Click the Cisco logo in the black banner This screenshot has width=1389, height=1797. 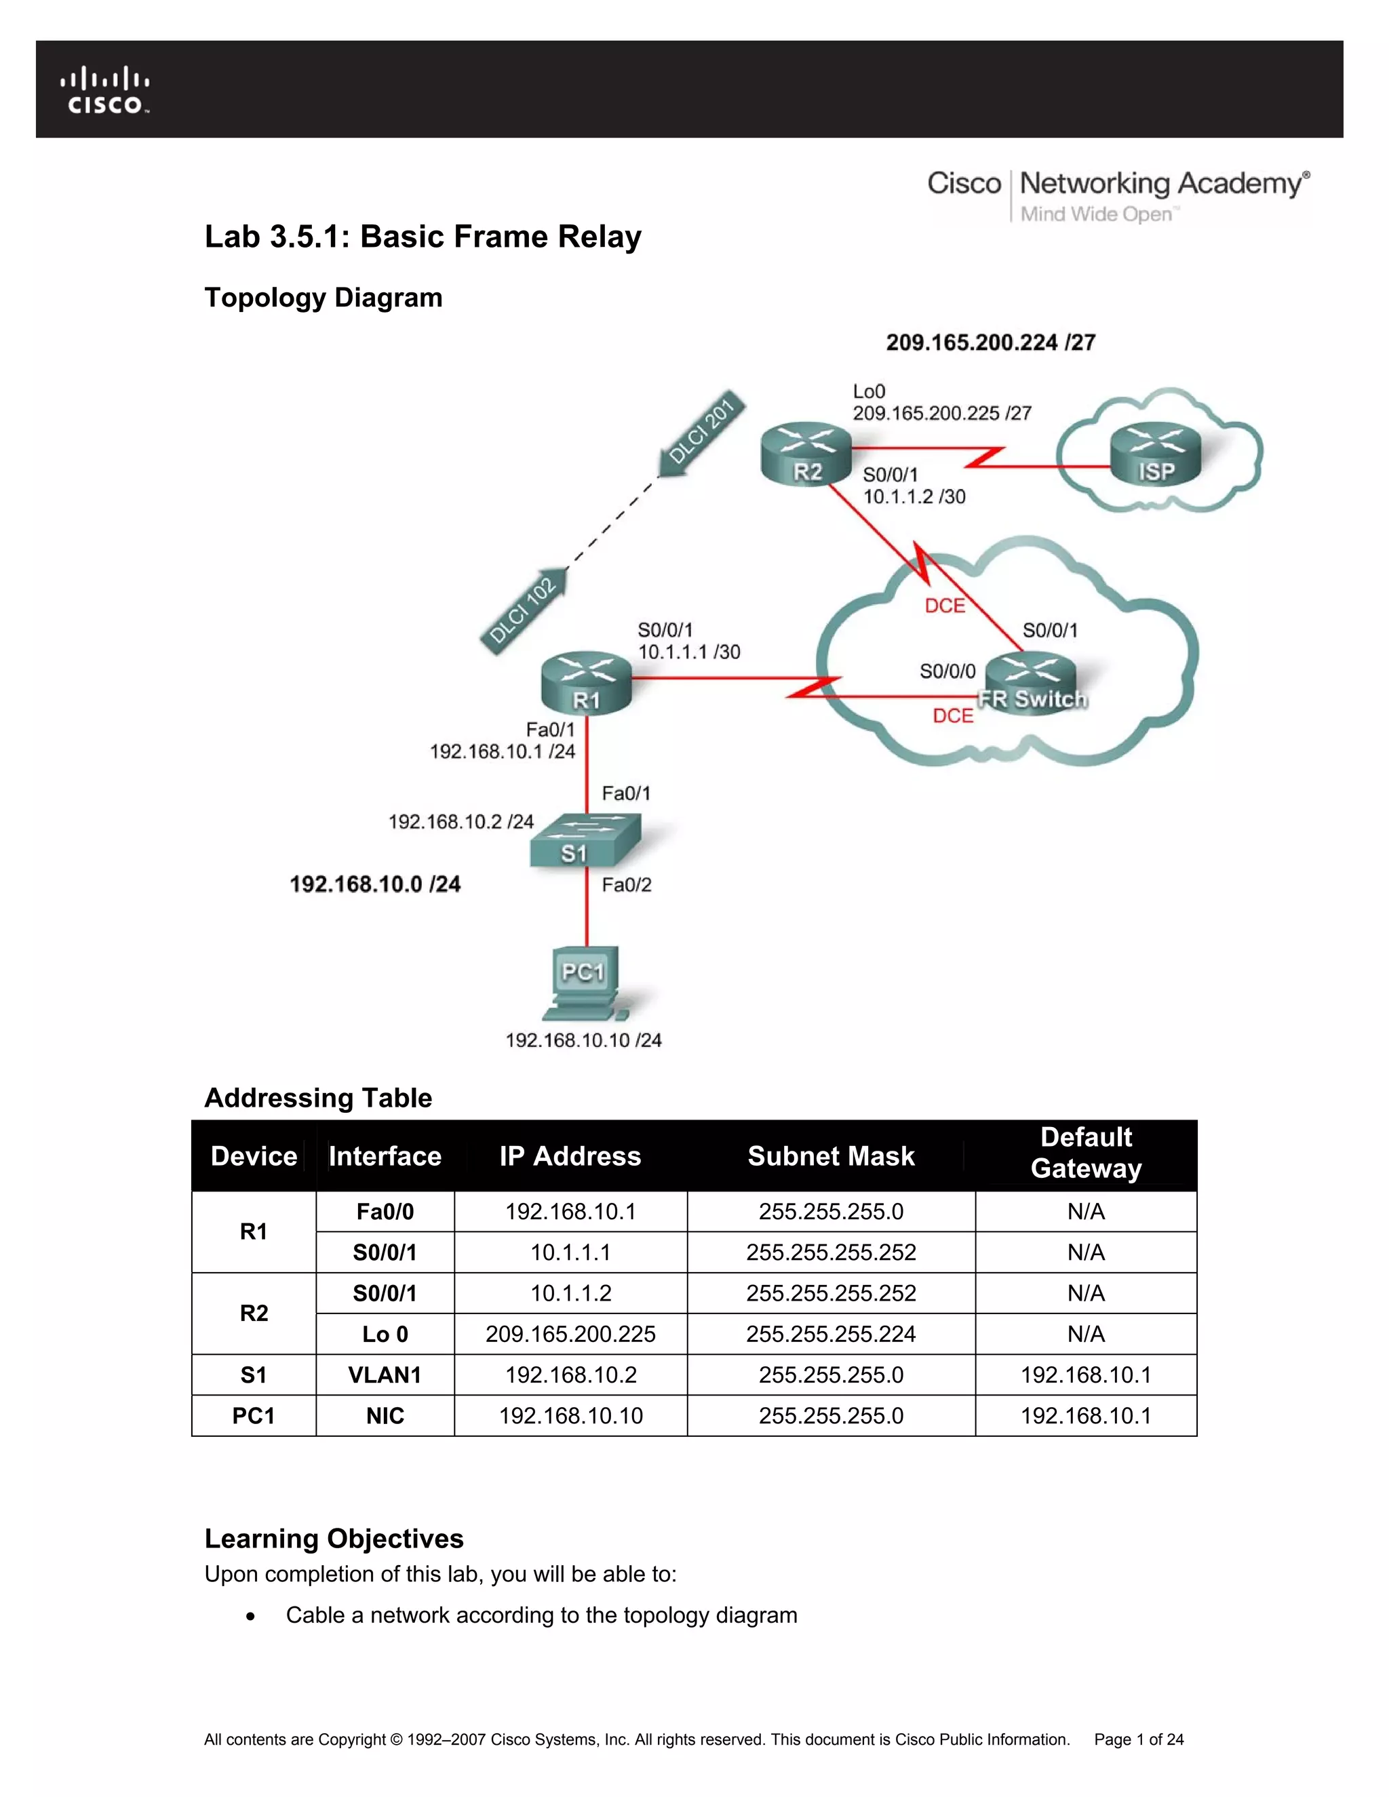[104, 89]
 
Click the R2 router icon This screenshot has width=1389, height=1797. [806, 454]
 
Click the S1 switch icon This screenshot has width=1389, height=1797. [584, 841]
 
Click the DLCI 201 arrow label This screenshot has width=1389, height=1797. [703, 431]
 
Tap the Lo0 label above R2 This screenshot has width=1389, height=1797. [869, 392]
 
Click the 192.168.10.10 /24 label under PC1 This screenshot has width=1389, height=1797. [583, 1040]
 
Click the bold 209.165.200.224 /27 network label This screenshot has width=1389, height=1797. [991, 342]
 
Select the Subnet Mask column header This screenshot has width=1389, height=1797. [831, 1156]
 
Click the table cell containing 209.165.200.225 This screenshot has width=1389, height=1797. [570, 1334]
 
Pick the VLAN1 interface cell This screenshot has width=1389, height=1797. [385, 1375]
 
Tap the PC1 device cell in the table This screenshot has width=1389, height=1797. [254, 1416]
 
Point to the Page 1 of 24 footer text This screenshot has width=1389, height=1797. [1139, 1739]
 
